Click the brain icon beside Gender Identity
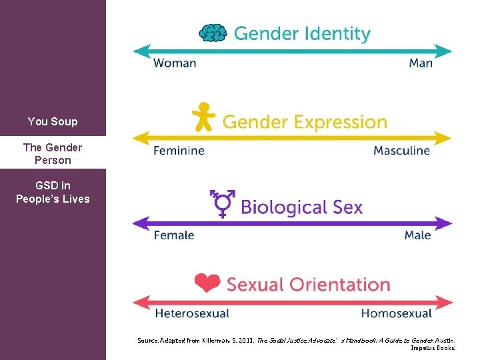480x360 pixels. [x=213, y=33]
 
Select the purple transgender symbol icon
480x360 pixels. [x=223, y=203]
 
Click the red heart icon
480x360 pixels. [x=207, y=283]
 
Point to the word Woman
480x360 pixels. [x=175, y=63]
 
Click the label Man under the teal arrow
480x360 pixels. [x=421, y=63]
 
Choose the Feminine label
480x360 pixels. [x=179, y=151]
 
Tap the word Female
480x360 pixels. [x=174, y=235]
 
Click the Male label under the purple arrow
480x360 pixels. [x=417, y=235]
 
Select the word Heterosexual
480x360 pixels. [x=192, y=313]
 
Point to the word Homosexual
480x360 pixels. [x=396, y=313]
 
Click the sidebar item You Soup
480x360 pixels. [x=53, y=121]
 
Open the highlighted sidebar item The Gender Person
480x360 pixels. [x=53, y=154]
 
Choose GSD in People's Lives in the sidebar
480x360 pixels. [x=53, y=192]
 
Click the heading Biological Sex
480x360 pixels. [x=301, y=207]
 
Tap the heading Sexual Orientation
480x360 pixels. [x=308, y=285]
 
